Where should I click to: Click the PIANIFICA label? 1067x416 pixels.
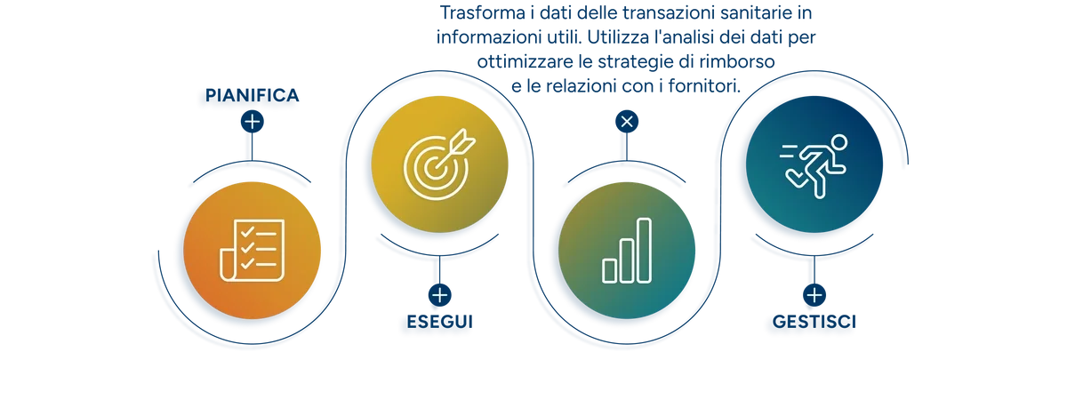[x=252, y=95]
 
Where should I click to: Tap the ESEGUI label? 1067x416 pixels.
[x=439, y=322]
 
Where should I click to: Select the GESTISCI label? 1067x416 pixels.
[x=814, y=322]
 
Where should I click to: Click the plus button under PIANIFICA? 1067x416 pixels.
[x=252, y=122]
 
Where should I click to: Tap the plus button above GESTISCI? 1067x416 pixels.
[x=814, y=295]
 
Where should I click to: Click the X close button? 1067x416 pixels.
[x=627, y=122]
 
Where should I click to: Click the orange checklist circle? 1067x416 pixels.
[x=252, y=251]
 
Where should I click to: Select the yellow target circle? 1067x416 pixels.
[x=439, y=164]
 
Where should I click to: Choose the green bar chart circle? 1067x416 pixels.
[x=627, y=251]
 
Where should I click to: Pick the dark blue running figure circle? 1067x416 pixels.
[x=814, y=164]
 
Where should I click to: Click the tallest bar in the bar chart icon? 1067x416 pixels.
[x=644, y=251]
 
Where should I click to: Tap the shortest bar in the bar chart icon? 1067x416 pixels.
[x=610, y=271]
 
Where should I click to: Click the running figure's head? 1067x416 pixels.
[x=838, y=142]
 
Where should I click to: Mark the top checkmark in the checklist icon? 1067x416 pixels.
[x=247, y=232]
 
